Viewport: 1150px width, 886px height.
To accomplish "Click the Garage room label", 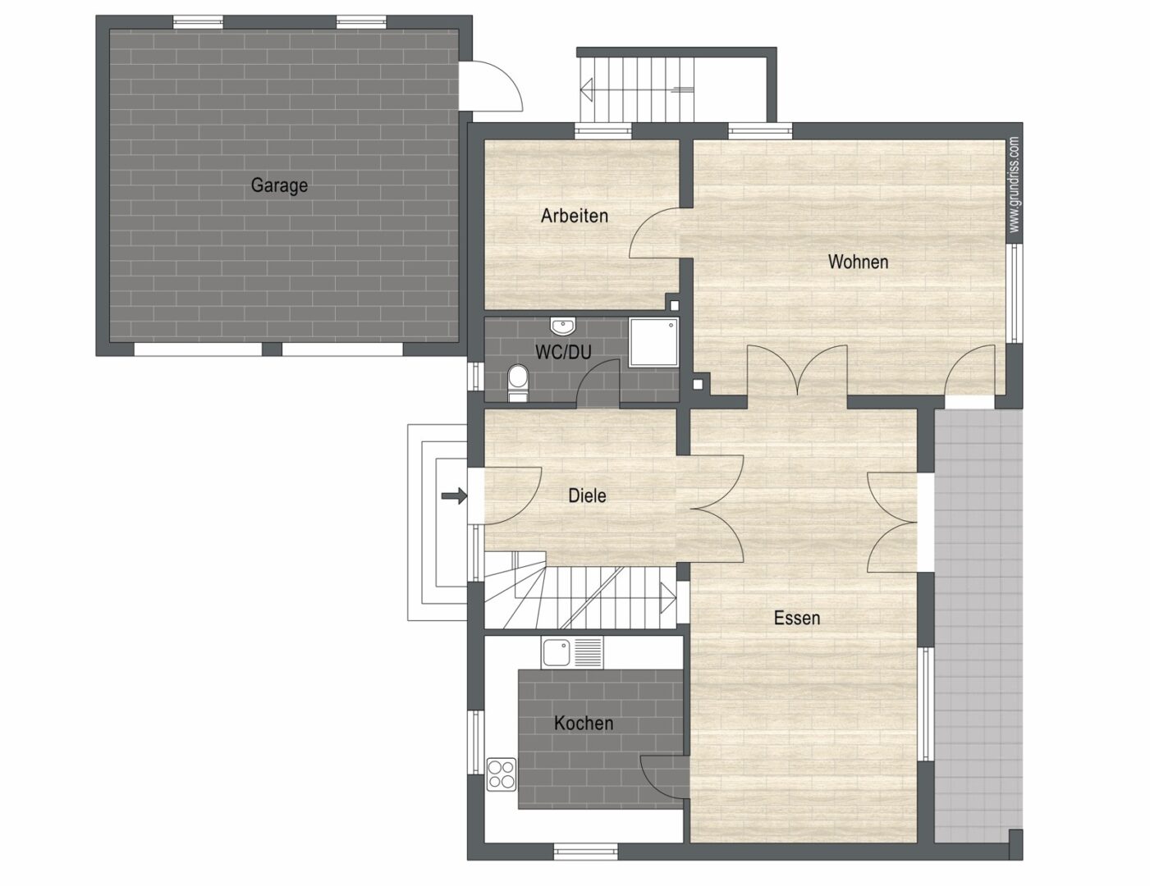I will (279, 185).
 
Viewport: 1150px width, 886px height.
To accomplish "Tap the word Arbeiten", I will (575, 216).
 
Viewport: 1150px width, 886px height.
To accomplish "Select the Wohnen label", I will (858, 262).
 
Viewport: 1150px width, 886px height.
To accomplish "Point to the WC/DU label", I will (563, 352).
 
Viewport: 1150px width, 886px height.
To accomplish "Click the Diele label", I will (587, 496).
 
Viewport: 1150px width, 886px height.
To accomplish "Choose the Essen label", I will (797, 618).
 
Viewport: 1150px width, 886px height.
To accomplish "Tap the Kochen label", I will (584, 723).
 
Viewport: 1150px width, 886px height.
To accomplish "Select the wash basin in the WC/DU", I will (562, 327).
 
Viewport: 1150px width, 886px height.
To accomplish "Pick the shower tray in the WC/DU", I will (654, 342).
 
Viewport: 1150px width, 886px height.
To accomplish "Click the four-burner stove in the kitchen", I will (501, 774).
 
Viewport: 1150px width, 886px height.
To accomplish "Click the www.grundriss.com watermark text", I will (1015, 185).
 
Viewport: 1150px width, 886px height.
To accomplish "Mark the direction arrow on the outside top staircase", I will (588, 87).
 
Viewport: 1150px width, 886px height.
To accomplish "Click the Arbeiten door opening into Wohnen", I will (657, 236).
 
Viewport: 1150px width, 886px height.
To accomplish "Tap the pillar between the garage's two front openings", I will (272, 349).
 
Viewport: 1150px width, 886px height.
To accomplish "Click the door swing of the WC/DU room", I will (598, 383).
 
